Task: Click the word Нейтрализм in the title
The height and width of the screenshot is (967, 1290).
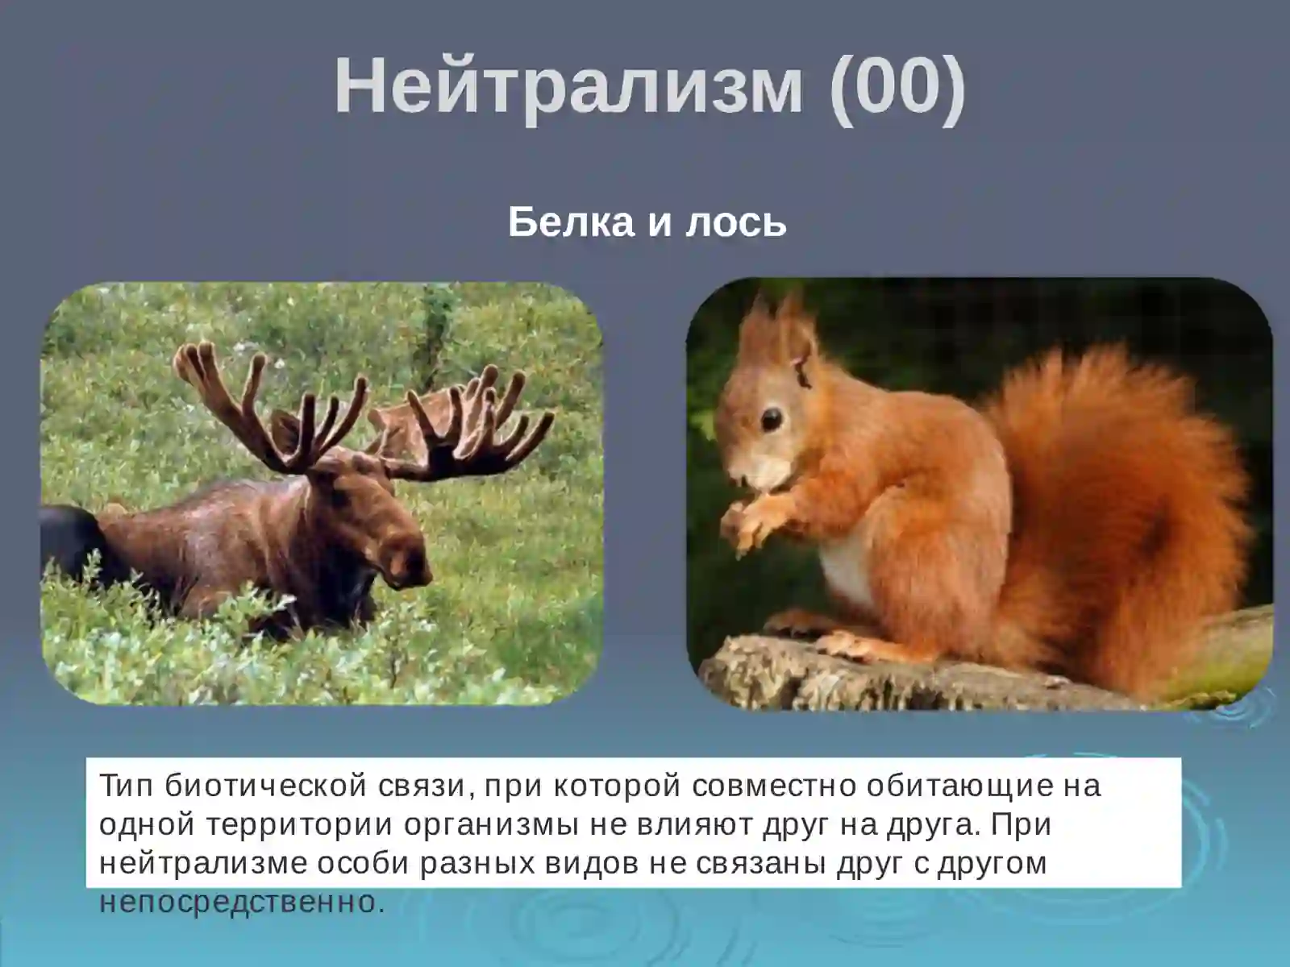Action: [x=568, y=86]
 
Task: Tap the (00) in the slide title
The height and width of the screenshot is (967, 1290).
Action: [x=897, y=86]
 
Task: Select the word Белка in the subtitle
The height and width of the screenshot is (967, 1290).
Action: [x=571, y=222]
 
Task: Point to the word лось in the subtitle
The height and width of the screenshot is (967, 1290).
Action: [x=735, y=222]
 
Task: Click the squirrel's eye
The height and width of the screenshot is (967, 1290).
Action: [x=772, y=418]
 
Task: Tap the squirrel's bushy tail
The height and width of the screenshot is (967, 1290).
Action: [x=1129, y=483]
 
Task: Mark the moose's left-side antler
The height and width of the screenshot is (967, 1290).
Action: [x=266, y=411]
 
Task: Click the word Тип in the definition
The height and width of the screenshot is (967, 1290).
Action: [x=127, y=785]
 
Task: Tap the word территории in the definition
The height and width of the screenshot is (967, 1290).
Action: [x=299, y=824]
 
